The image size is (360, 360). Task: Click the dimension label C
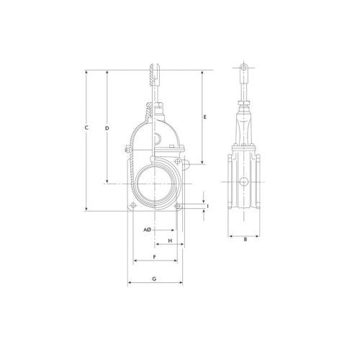pos(86,127)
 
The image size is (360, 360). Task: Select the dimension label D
pos(107,128)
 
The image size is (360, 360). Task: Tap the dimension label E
pos(204,117)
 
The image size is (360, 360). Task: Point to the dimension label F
pos(155,257)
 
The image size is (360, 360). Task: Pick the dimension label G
pos(154,279)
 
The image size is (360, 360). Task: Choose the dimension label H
pos(170,240)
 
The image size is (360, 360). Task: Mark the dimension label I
pos(208,206)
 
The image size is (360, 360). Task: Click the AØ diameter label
pos(147,230)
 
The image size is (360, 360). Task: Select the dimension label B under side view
pos(246,239)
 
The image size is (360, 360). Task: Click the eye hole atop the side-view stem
pos(244,68)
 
